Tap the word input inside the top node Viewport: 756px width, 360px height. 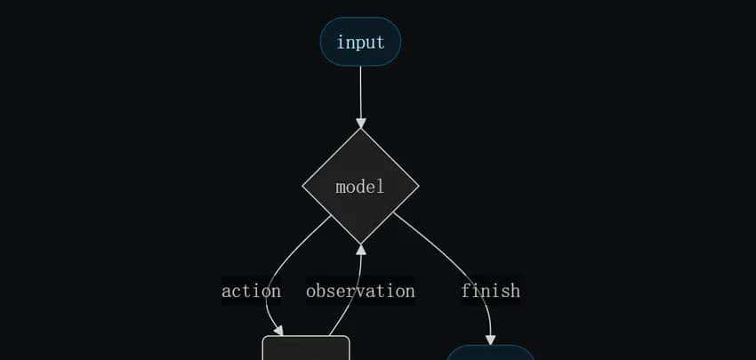pos(360,42)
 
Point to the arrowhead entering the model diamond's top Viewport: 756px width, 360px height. pos(360,123)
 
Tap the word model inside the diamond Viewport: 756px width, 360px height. pos(360,187)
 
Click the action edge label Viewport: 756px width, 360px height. pos(251,291)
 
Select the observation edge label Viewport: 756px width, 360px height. pos(360,291)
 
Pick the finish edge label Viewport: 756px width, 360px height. pos(490,291)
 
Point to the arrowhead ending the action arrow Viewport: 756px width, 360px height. pos(277,331)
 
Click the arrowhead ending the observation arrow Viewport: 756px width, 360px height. pos(360,250)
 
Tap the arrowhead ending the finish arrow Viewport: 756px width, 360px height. pos(490,340)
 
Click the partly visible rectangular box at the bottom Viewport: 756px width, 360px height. pos(306,348)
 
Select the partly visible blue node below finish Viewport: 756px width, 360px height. pos(490,353)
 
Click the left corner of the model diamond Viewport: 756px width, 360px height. pos(304,187)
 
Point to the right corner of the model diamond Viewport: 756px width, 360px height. pos(417,187)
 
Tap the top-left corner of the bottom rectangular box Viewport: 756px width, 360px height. pos(264,338)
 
